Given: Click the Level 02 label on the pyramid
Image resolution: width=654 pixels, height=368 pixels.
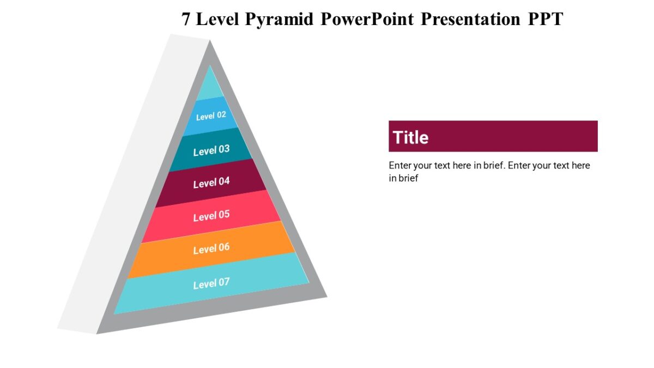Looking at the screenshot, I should [211, 116].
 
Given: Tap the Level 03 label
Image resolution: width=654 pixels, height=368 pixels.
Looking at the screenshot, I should [211, 150].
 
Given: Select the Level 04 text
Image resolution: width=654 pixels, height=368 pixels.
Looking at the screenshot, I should [211, 183].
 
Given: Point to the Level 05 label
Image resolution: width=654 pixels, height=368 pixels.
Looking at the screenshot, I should [211, 216].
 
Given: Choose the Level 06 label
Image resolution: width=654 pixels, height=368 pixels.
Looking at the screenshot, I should [211, 249].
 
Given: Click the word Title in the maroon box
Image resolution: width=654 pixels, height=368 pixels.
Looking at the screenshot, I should [410, 137].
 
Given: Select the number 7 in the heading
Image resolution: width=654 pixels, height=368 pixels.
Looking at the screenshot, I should [186, 19].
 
